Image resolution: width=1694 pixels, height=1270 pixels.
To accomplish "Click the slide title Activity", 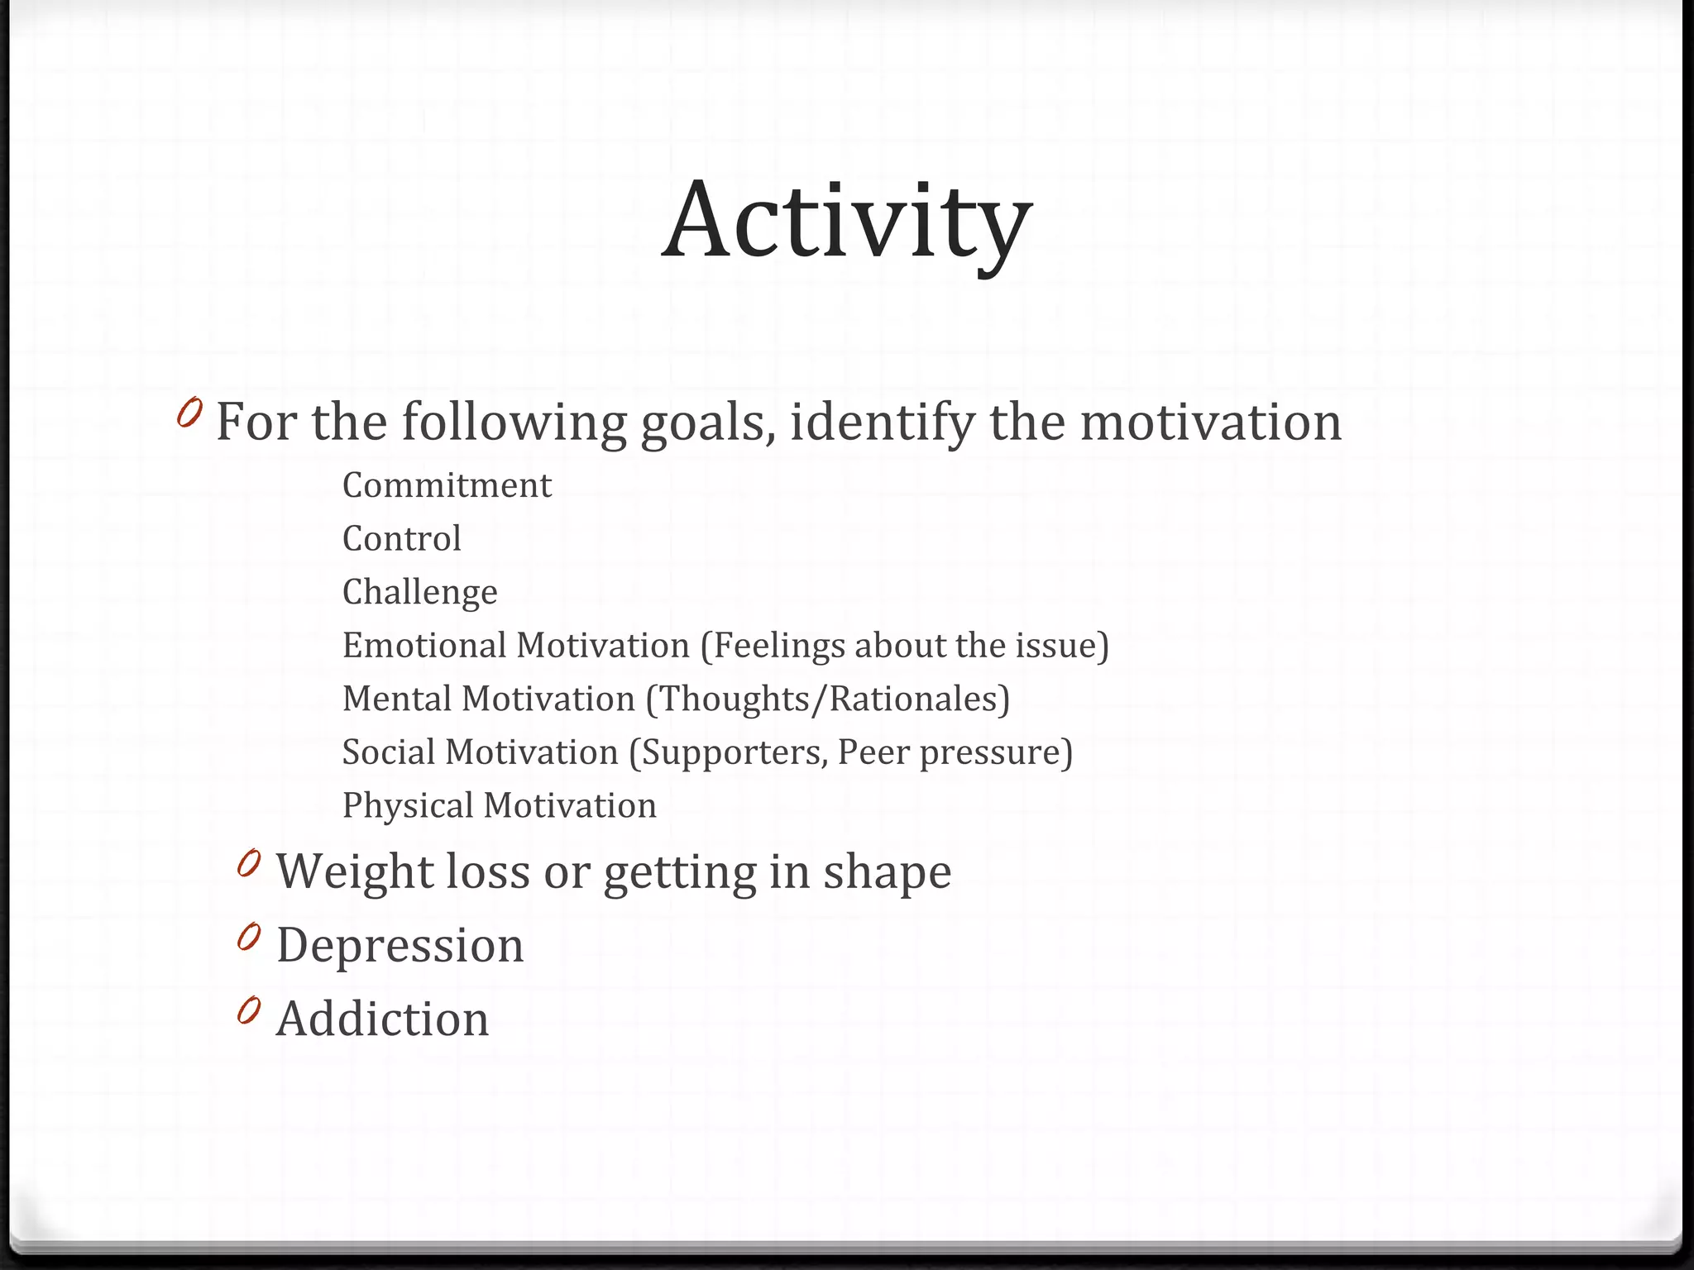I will pyautogui.click(x=847, y=222).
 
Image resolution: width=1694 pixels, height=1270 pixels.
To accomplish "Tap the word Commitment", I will pyautogui.click(x=447, y=485).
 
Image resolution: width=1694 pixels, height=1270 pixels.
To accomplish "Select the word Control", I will pyautogui.click(x=402, y=539).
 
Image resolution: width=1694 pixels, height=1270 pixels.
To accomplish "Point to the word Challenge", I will pyautogui.click(x=420, y=593).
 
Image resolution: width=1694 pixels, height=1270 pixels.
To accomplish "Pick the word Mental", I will pyautogui.click(x=396, y=699).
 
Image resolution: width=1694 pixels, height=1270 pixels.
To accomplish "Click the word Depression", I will pyautogui.click(x=400, y=945).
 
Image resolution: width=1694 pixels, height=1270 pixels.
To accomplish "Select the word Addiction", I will pyautogui.click(x=383, y=1019).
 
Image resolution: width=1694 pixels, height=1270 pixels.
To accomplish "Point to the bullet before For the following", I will pyautogui.click(x=189, y=413).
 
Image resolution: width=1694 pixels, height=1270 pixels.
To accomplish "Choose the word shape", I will pyautogui.click(x=887, y=872).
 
